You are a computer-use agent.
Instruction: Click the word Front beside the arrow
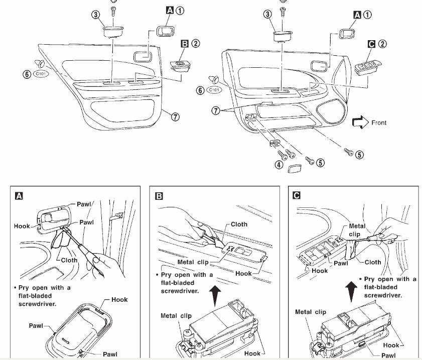(x=379, y=123)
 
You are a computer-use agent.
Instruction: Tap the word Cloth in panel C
(x=373, y=262)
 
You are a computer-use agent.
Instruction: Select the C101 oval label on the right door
(x=214, y=90)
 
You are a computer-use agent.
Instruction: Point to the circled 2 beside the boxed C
(x=383, y=44)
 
